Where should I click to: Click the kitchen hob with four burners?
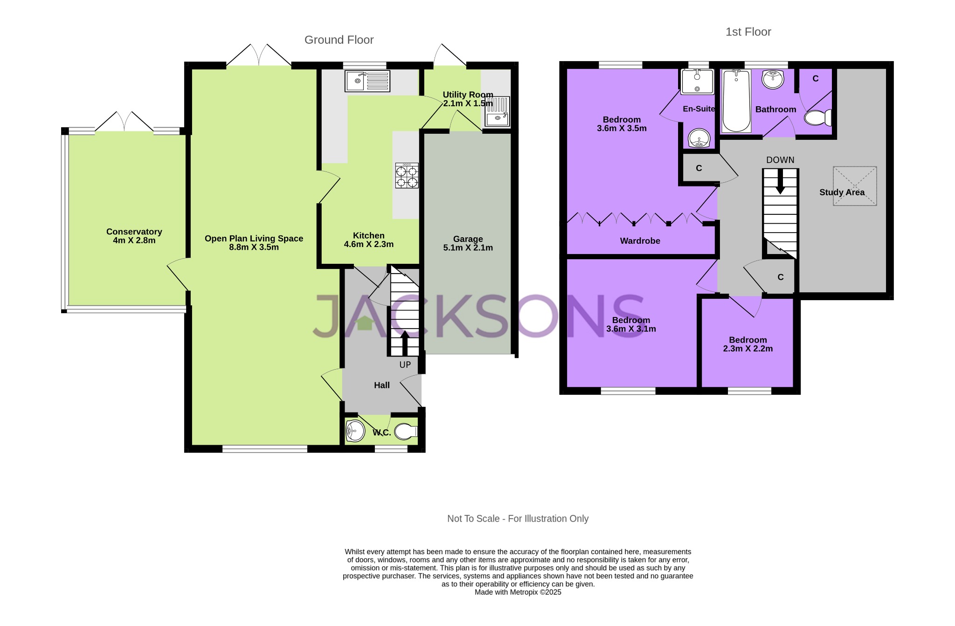coord(407,176)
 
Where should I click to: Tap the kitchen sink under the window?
coord(367,81)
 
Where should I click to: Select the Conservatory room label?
coord(134,232)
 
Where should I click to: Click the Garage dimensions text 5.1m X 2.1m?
coord(468,248)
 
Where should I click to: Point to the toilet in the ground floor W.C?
coord(405,432)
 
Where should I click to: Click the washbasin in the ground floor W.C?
coord(355,430)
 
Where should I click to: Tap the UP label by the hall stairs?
coord(405,365)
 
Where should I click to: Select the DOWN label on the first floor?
coord(780,160)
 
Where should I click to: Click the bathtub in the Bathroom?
coord(736,101)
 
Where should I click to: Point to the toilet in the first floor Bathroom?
coord(818,117)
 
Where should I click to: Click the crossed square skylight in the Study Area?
coord(855,186)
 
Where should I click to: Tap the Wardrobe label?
coord(640,241)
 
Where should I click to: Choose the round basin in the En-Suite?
coord(699,138)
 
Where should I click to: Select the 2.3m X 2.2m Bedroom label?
coord(747,349)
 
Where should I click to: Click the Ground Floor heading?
coord(339,40)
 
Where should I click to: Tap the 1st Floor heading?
coord(748,32)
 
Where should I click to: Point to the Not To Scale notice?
coord(518,519)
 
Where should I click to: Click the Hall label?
coord(381,385)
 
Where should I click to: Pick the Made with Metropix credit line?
coord(518,592)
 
